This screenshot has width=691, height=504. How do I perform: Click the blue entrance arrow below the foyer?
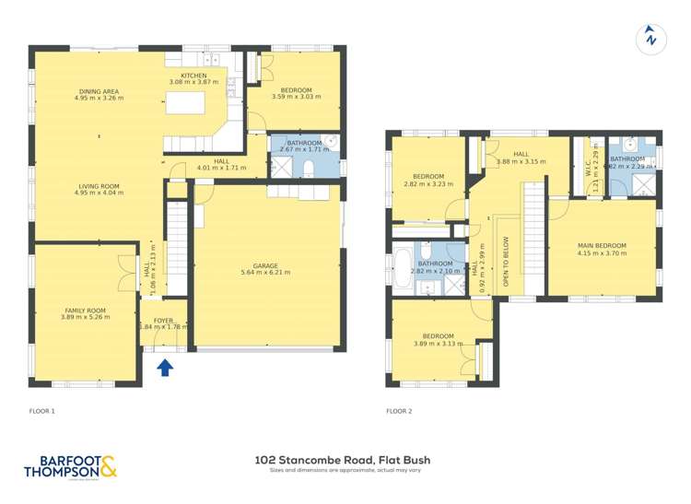pos(164,368)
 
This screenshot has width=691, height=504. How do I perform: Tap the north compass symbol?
pos(650,38)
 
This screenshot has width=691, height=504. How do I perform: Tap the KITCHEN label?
pos(193,76)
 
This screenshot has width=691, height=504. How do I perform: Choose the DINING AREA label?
pos(100,90)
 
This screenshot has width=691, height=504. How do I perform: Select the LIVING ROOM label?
pos(100,186)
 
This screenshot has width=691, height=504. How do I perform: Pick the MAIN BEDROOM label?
pos(602,246)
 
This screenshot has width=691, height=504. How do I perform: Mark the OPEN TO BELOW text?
pos(506,262)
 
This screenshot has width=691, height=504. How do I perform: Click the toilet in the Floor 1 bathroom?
pos(309,168)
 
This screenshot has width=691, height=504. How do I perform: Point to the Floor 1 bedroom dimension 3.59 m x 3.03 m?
pos(295,96)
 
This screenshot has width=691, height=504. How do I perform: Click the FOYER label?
pos(163,320)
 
